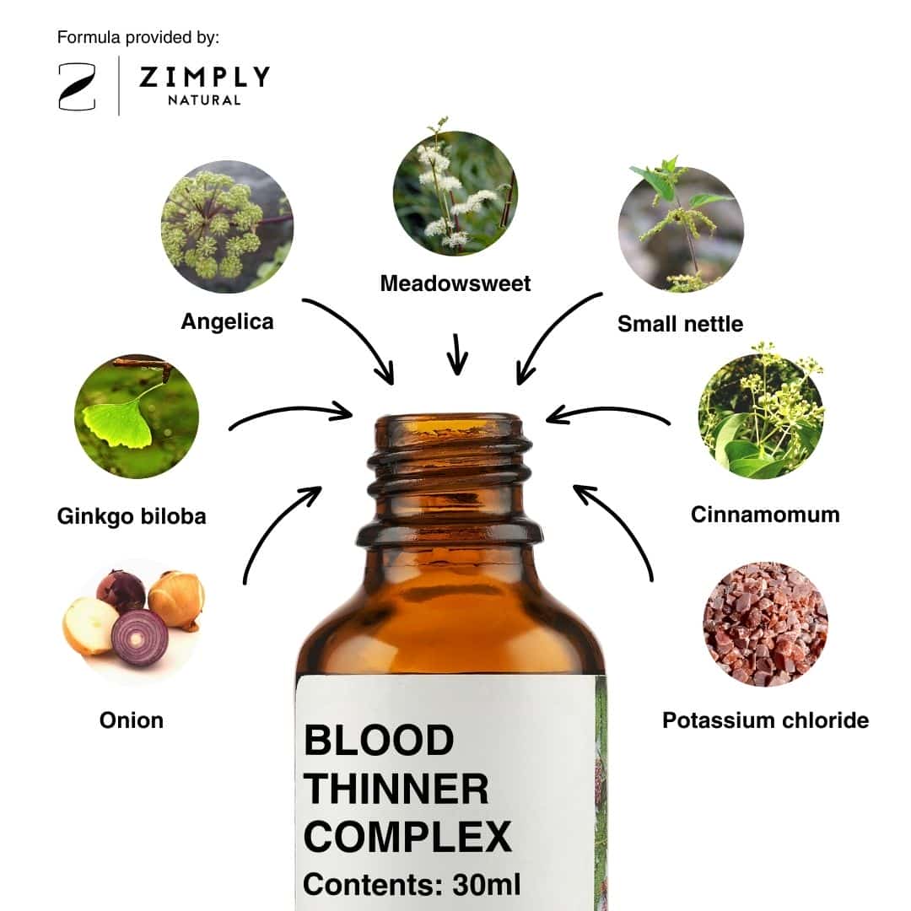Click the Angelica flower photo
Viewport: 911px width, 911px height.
[227, 227]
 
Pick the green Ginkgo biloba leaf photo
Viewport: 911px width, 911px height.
[137, 417]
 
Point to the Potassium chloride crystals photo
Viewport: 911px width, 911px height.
[766, 623]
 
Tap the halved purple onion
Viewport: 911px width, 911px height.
[139, 638]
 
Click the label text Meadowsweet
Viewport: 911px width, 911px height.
[455, 283]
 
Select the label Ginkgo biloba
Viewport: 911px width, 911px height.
[132, 516]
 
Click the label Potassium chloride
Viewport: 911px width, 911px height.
[766, 720]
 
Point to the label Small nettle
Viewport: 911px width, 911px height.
[681, 324]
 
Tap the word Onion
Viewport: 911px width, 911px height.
[132, 720]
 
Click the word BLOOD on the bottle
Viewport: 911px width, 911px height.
[379, 741]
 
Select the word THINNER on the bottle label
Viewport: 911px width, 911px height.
[396, 789]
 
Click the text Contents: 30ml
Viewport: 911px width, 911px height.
[412, 885]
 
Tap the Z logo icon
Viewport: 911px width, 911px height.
[78, 87]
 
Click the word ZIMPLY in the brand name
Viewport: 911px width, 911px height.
[204, 77]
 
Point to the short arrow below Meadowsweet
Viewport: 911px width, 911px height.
[457, 353]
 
